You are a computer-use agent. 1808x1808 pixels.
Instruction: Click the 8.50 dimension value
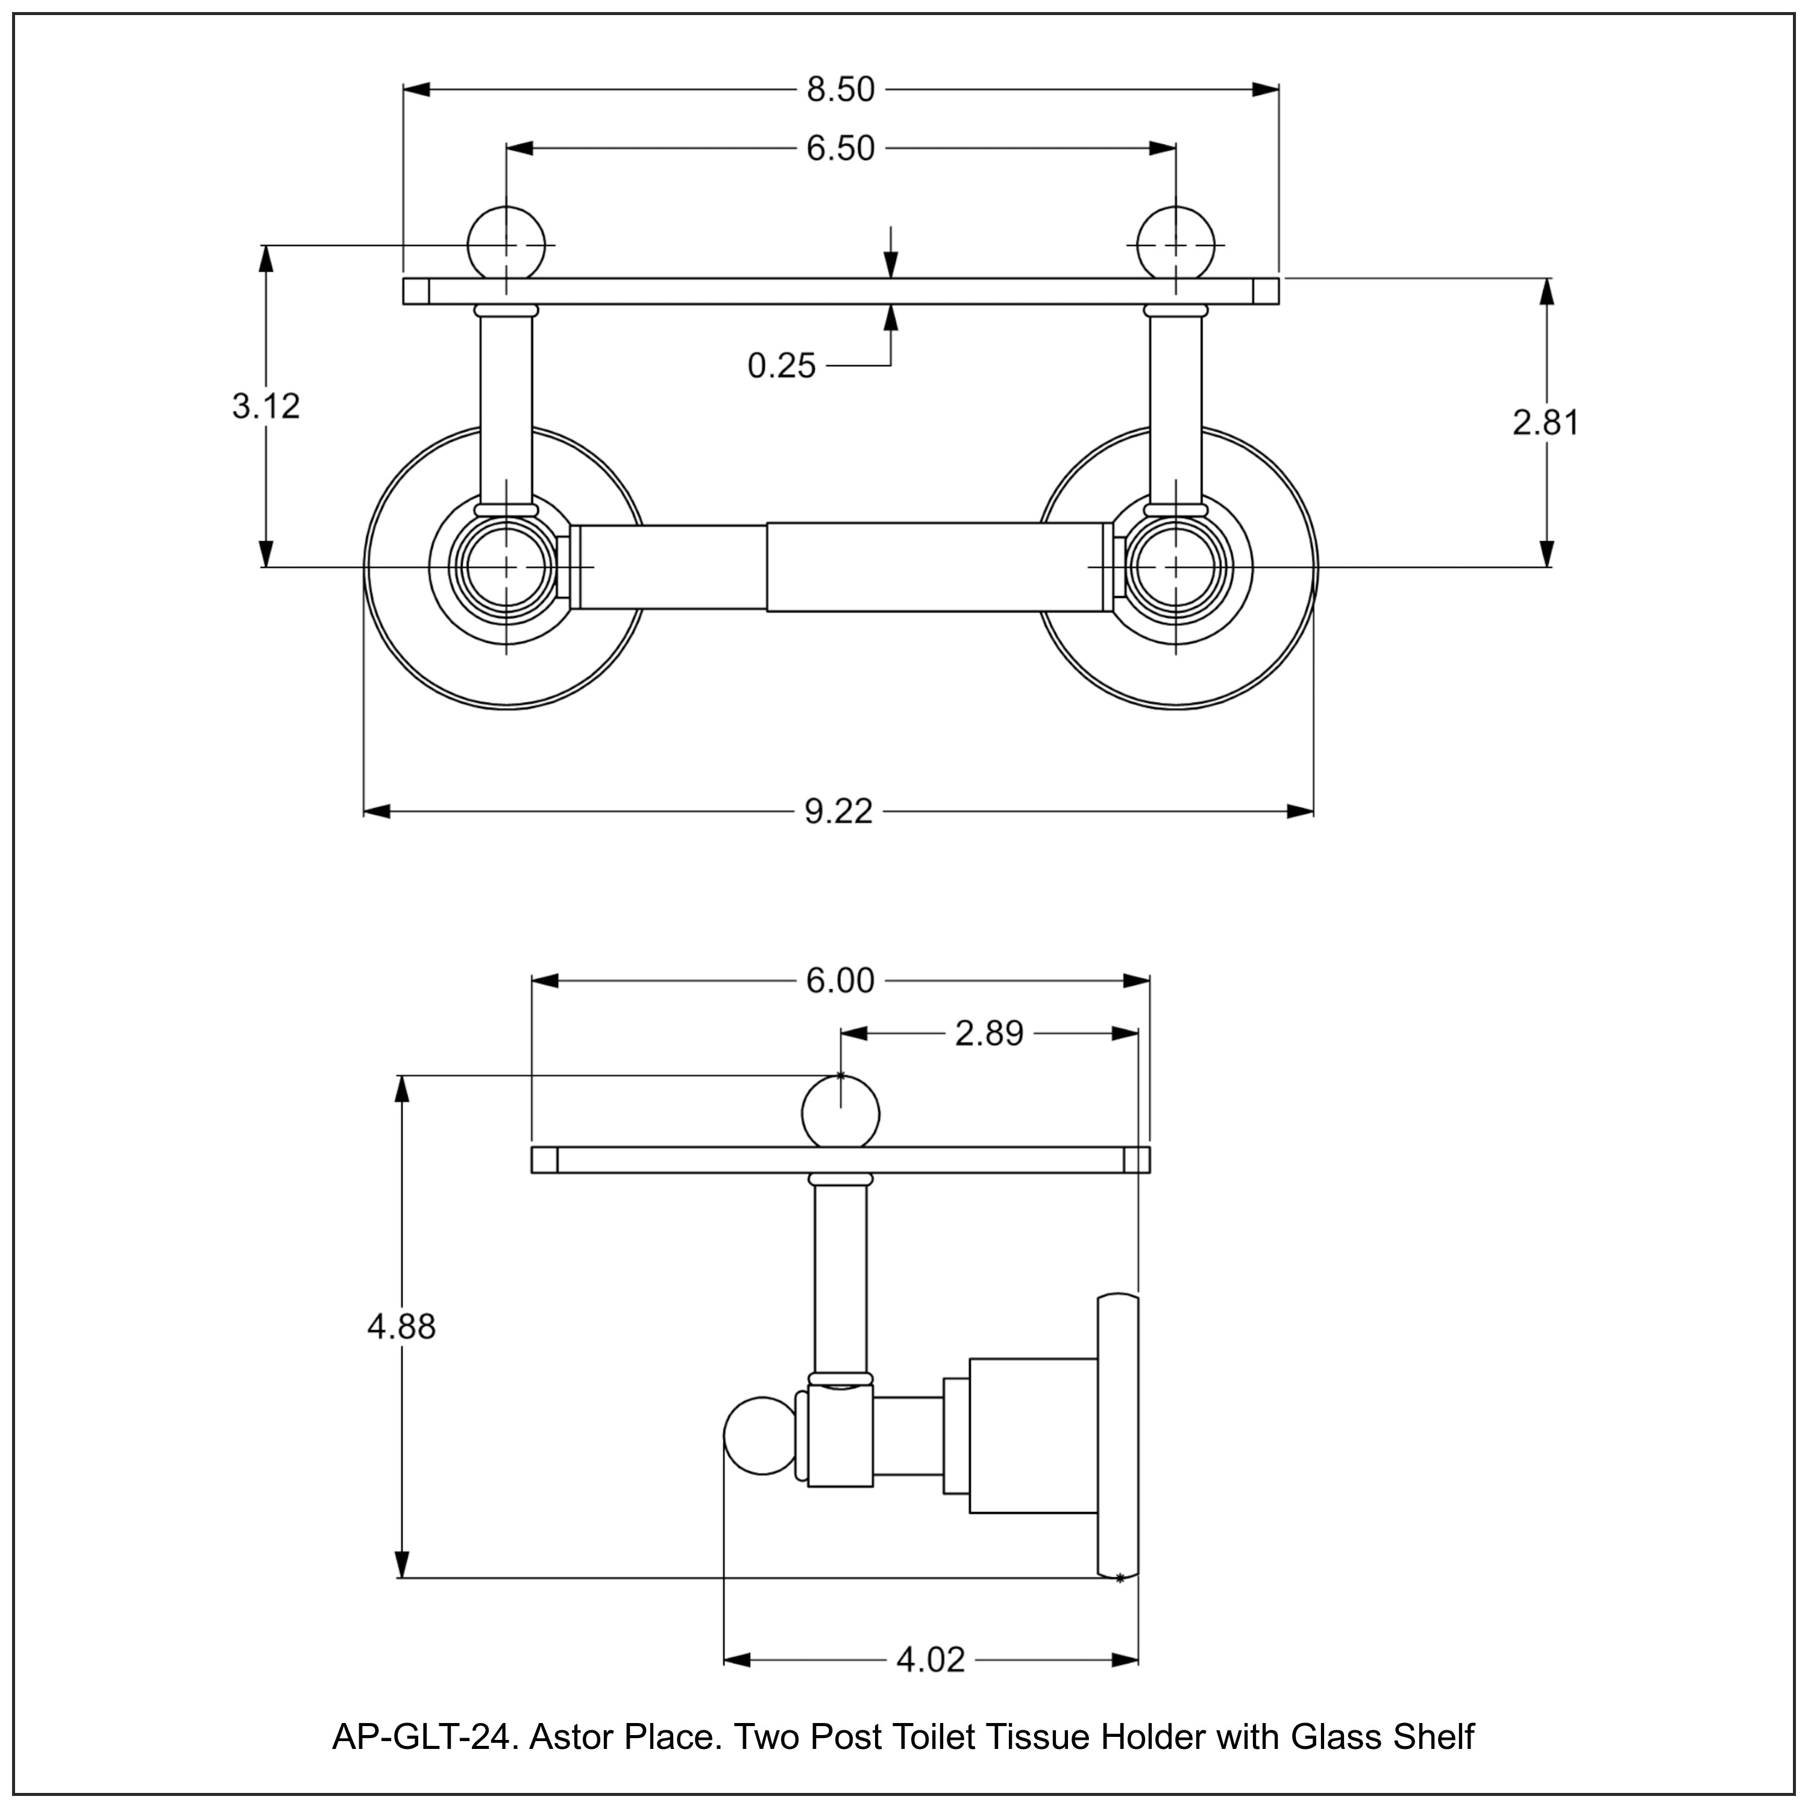(x=840, y=90)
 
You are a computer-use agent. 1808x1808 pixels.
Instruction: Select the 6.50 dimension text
(x=840, y=149)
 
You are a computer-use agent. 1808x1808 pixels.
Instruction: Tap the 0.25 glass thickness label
(x=782, y=366)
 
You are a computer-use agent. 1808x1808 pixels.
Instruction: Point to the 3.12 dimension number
(x=266, y=406)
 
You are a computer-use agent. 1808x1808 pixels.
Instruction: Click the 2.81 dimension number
(x=1545, y=423)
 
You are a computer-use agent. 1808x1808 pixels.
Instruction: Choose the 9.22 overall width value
(x=838, y=811)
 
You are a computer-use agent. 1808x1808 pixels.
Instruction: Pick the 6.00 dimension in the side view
(x=840, y=981)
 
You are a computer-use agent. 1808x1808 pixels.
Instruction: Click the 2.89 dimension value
(x=988, y=1034)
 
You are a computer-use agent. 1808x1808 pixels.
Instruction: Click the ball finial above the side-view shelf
(x=840, y=1112)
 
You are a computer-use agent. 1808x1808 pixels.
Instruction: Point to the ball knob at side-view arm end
(x=759, y=1437)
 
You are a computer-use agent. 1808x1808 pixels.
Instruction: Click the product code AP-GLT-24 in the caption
(x=422, y=1738)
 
